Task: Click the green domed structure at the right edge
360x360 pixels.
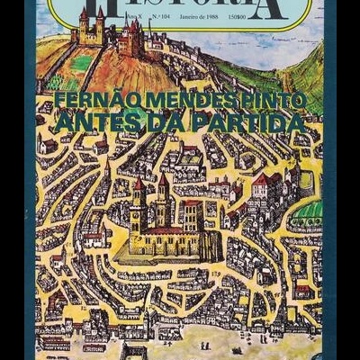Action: [x=310, y=211]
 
